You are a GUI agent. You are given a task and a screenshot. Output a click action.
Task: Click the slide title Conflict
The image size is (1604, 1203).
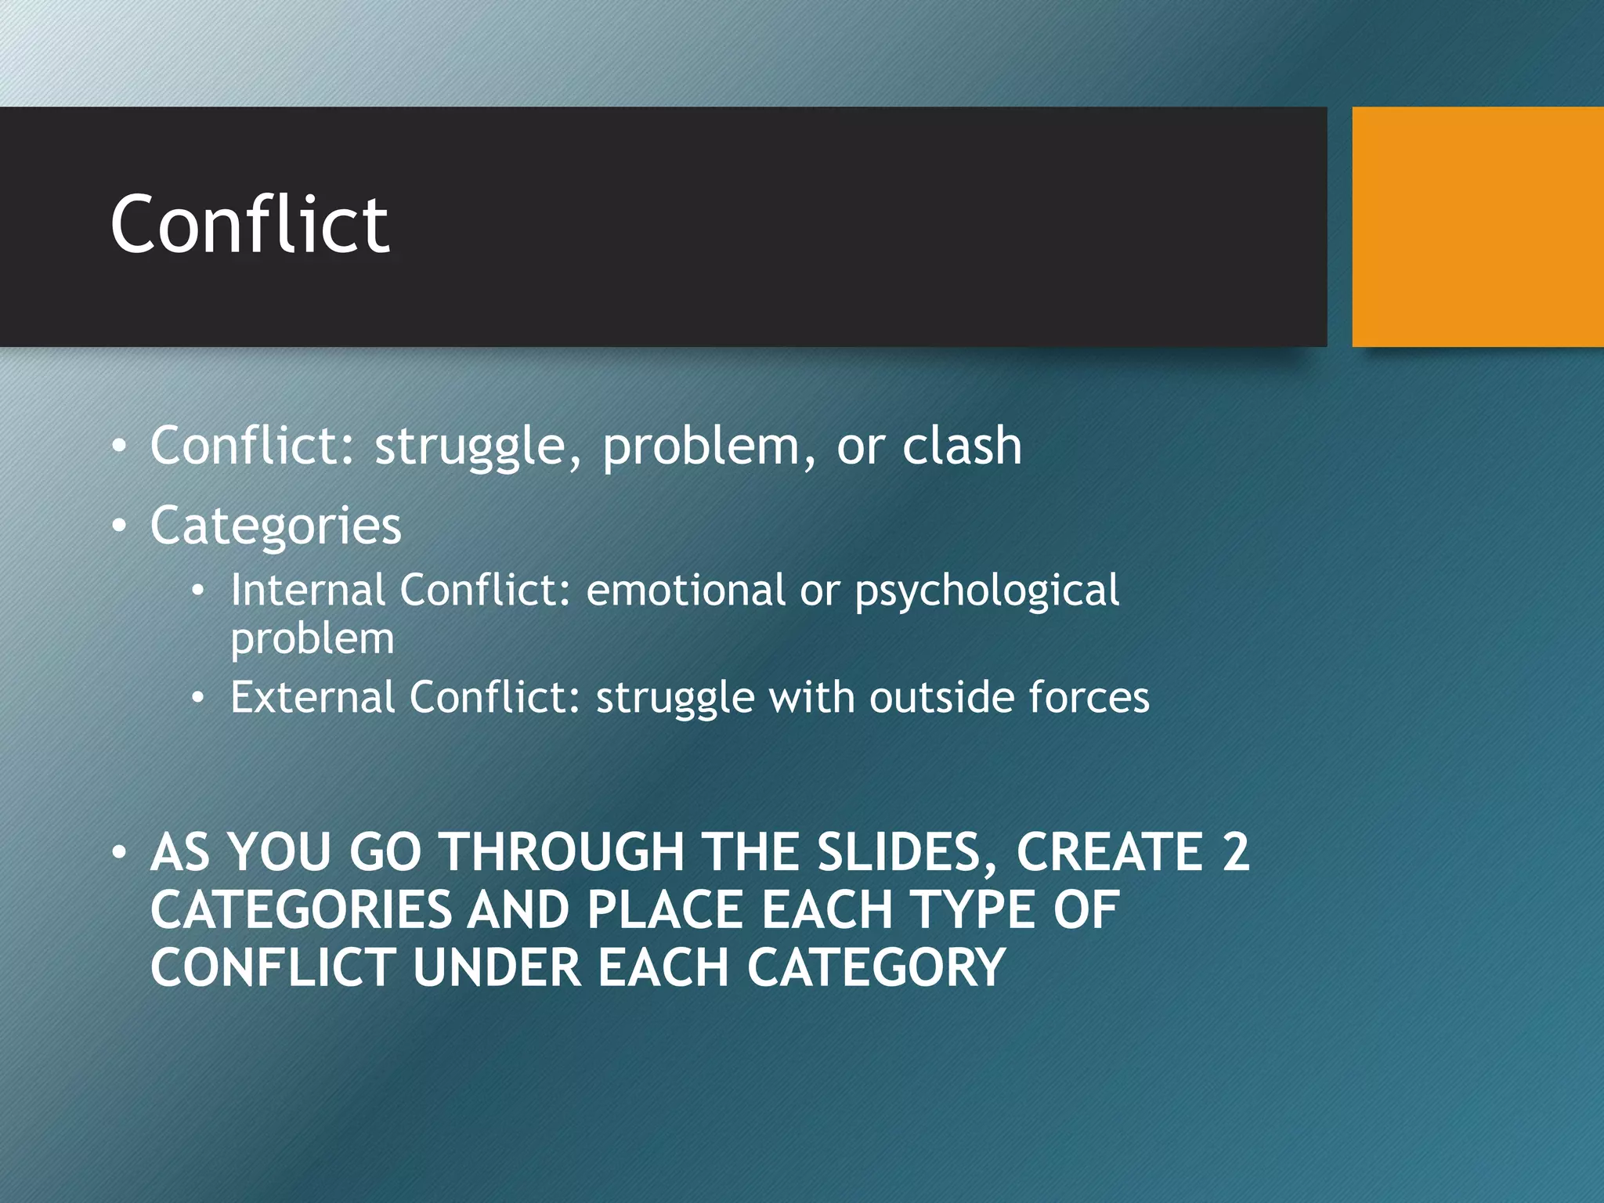click(249, 225)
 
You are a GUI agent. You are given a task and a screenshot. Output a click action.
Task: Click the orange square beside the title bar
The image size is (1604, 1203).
click(1477, 226)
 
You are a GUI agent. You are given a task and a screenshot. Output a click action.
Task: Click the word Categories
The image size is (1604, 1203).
click(276, 526)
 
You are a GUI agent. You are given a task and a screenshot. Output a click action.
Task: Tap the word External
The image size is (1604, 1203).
click(312, 697)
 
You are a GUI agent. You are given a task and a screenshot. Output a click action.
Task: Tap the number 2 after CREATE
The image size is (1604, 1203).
click(1235, 852)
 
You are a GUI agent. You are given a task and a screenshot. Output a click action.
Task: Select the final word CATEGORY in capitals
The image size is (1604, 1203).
click(876, 968)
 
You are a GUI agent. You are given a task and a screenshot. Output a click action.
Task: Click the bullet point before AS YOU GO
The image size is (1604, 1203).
click(118, 852)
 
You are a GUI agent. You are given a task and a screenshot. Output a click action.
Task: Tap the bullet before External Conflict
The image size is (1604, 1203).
click(198, 697)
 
